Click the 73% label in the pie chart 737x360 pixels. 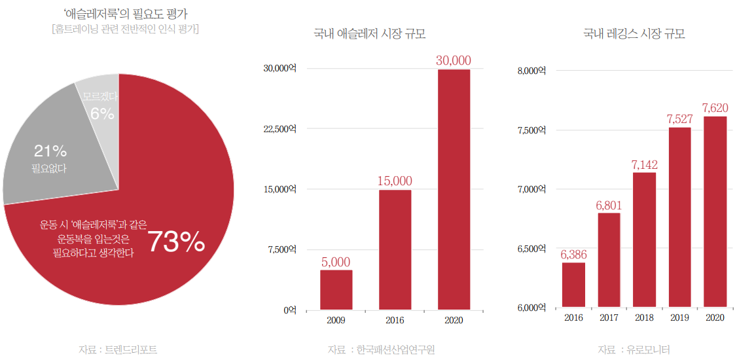[x=175, y=242]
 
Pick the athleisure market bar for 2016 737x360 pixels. [x=395, y=249]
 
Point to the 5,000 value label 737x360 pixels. [x=336, y=262]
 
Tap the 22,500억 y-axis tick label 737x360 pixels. [x=279, y=129]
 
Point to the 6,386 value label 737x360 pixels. [x=573, y=255]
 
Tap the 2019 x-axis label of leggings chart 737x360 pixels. [x=679, y=318]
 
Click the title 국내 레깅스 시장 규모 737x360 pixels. [x=634, y=34]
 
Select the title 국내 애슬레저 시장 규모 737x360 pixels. [x=374, y=34]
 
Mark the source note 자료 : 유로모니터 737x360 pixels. [x=634, y=350]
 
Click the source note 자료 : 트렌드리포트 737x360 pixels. [x=118, y=350]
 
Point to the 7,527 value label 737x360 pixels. [x=679, y=119]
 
